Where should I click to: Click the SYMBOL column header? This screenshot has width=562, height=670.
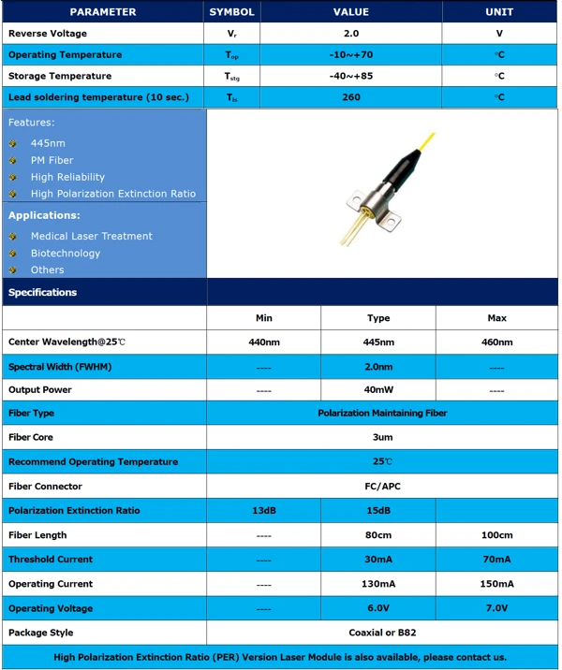231,12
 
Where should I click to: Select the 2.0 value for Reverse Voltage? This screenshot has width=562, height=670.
351,34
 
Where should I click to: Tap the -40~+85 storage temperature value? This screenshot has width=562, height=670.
351,76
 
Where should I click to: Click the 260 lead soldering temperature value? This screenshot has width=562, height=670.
351,97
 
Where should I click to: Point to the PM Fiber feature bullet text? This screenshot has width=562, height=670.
52,160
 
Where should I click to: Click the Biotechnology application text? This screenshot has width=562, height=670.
65,253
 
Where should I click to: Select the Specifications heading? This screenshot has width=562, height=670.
42,292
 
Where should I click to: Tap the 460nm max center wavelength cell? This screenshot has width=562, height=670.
496,342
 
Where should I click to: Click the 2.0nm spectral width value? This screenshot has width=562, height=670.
378,367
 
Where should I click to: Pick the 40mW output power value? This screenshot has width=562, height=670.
378,390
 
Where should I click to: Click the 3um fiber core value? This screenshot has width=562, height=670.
382,437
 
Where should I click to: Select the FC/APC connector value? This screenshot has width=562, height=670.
382,487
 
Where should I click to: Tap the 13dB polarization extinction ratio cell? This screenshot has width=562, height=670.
264,511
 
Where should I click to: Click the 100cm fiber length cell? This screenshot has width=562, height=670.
496,535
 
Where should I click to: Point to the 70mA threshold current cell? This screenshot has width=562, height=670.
496,560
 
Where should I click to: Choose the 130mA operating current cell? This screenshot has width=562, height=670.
378,584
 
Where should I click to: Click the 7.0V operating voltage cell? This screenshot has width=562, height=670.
496,608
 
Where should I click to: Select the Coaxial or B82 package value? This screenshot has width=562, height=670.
382,633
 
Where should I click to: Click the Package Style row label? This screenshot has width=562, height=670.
40,633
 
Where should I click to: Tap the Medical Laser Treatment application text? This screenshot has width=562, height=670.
91,236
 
